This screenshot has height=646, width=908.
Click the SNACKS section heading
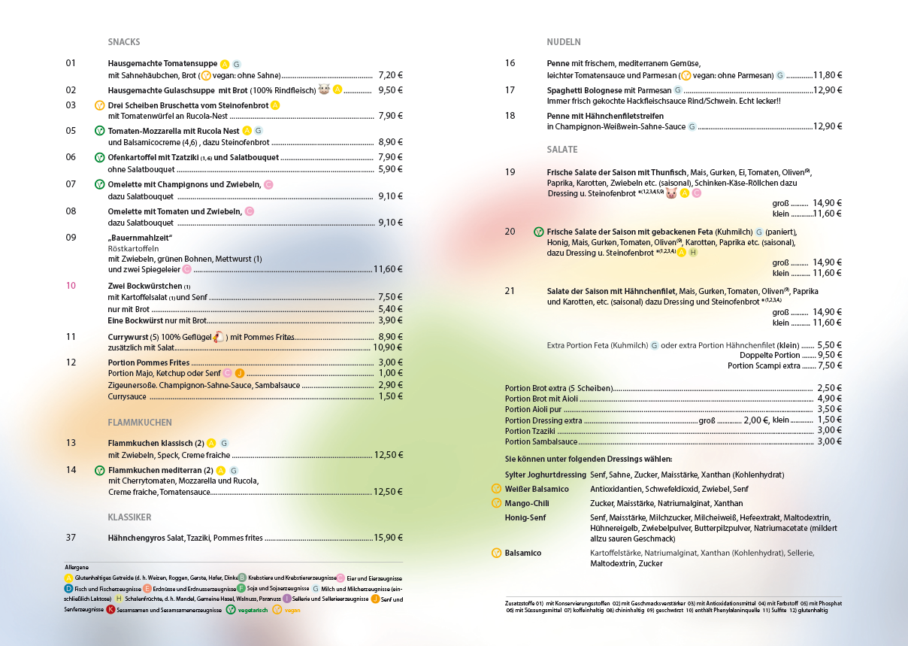coord(124,42)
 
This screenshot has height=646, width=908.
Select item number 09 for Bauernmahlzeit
coord(71,238)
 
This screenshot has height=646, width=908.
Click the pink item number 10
coord(71,286)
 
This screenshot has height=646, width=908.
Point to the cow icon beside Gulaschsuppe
coord(325,89)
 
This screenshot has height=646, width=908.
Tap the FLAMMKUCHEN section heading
coord(140,423)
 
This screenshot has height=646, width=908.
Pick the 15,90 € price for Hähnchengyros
coord(389,538)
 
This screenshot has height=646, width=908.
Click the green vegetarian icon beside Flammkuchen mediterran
coord(99,471)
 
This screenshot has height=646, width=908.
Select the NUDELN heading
coord(564,42)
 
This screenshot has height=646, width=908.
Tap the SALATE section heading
coord(562,150)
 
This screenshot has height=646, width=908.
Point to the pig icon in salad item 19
coord(671,193)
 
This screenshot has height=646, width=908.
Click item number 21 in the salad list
coord(510,291)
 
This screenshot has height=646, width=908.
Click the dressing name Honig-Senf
coord(525,517)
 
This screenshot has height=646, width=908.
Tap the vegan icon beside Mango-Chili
coord(496,503)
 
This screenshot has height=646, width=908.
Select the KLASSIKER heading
coord(129,517)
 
